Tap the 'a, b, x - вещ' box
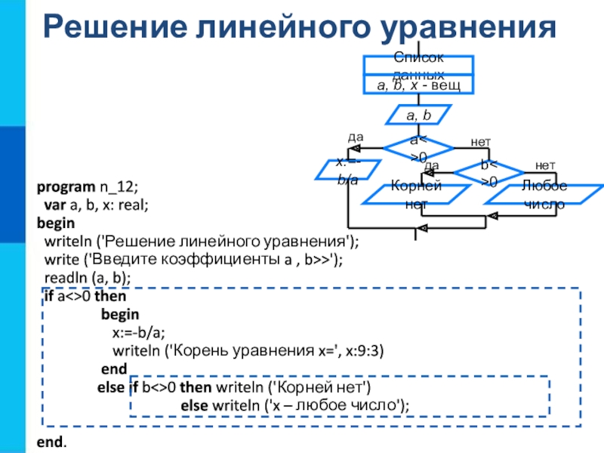[x=419, y=86]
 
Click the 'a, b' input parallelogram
[x=418, y=116]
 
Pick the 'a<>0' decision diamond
[x=418, y=148]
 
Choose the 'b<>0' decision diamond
[x=488, y=174]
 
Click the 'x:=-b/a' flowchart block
[x=347, y=170]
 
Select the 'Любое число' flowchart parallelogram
[x=541, y=195]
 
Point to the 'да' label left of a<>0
[x=355, y=137]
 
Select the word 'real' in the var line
[x=131, y=205]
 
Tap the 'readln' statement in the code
[x=63, y=278]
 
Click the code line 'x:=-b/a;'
[x=139, y=332]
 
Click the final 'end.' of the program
[x=51, y=439]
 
